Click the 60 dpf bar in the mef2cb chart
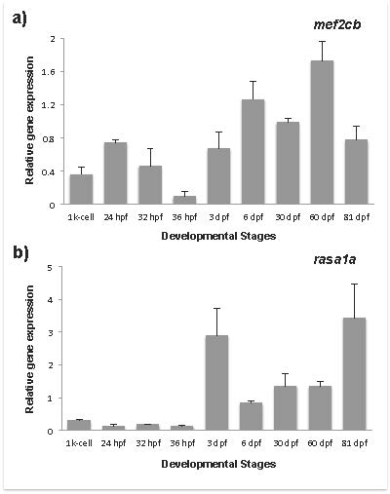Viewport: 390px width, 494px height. (322, 133)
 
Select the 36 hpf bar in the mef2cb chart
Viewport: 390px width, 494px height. (184, 200)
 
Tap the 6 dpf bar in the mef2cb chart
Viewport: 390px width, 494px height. (253, 152)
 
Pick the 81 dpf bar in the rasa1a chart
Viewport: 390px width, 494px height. (354, 374)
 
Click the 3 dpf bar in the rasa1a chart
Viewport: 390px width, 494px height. (216, 383)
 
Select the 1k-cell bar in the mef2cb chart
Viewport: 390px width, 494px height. (81, 189)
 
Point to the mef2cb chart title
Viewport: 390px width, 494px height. (337, 24)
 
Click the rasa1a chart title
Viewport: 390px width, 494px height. (334, 259)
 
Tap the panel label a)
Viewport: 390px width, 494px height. (19, 19)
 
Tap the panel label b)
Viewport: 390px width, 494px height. (20, 253)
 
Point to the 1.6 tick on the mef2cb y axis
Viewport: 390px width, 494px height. (49, 72)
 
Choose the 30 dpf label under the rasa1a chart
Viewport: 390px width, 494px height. (286, 443)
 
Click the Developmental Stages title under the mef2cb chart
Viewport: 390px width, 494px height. (218, 236)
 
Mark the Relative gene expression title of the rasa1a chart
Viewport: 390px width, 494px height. (29, 349)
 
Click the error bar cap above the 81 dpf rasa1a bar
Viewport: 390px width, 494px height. (354, 285)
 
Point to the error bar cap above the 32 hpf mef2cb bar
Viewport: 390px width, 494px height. (150, 148)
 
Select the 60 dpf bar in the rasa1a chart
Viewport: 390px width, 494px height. (320, 408)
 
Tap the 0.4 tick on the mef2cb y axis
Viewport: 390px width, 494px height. (49, 171)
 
